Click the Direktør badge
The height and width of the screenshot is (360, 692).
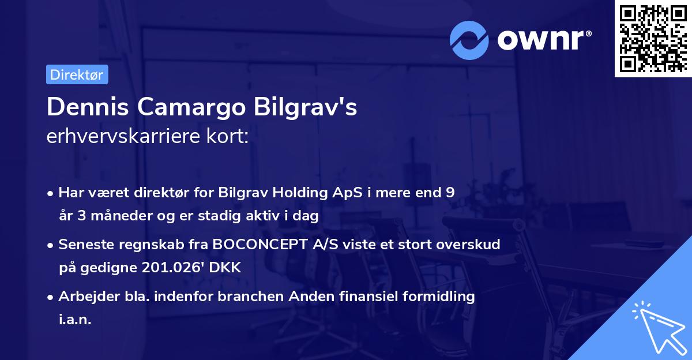(77, 74)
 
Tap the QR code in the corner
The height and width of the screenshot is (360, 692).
(653, 39)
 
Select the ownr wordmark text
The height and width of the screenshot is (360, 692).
(542, 40)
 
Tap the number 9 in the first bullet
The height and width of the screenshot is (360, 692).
(450, 193)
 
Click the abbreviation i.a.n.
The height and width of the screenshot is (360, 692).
(75, 320)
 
